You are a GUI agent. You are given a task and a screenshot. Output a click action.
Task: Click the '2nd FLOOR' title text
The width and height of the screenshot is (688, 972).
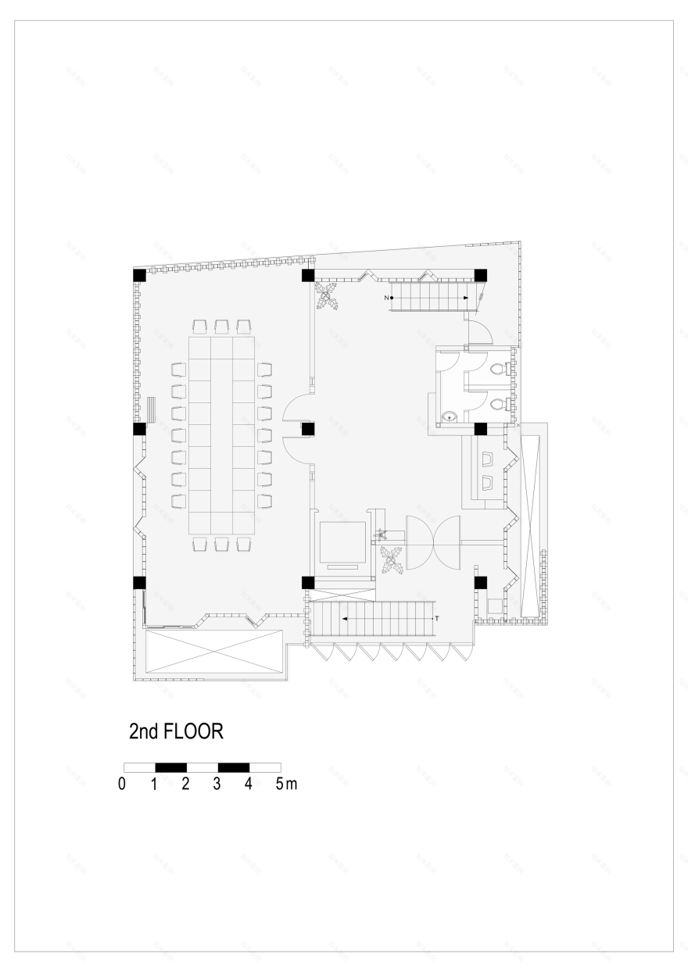click(177, 732)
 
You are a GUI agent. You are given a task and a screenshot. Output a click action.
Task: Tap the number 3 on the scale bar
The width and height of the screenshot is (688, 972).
click(217, 784)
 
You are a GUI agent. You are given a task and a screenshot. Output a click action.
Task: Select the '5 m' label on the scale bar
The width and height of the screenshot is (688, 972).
click(285, 784)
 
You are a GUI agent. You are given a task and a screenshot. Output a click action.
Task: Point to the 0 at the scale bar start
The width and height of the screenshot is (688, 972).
click(123, 784)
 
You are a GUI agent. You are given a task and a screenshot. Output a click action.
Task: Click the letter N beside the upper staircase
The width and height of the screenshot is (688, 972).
click(385, 298)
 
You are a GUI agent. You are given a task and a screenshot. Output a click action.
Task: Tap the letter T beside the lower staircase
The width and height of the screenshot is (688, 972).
click(437, 619)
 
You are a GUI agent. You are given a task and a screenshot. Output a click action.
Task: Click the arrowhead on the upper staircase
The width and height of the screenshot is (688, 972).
click(466, 298)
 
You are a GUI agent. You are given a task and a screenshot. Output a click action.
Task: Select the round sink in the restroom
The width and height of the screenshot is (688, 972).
click(450, 417)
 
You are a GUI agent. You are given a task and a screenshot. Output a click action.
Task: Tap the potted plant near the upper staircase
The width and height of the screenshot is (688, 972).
click(327, 297)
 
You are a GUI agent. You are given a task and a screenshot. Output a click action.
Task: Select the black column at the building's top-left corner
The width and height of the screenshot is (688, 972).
click(139, 275)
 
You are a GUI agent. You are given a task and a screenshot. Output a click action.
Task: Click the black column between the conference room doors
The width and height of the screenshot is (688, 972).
click(308, 429)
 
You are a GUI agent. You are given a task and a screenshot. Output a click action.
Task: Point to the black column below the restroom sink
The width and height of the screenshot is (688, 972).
click(481, 429)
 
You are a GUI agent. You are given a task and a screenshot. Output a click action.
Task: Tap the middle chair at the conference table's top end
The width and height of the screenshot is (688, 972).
click(221, 326)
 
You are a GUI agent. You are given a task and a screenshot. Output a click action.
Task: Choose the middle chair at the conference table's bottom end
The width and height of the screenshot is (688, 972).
click(221, 544)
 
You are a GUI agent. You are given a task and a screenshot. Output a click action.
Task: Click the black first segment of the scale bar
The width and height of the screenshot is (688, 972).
click(170, 767)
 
